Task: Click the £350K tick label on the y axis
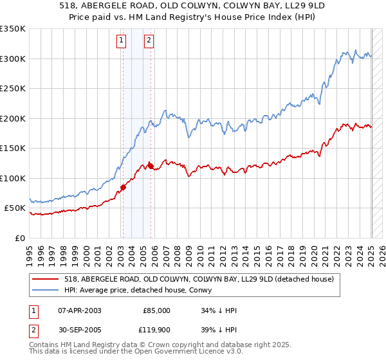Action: click(13, 29)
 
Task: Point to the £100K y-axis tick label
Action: click(13, 178)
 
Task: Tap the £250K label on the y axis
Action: click(13, 89)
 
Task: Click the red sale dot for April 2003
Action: click(123, 188)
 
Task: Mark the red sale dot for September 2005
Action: click(151, 166)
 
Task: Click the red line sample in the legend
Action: click(46, 279)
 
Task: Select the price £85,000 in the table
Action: click(156, 310)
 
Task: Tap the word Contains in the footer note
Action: click(45, 345)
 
